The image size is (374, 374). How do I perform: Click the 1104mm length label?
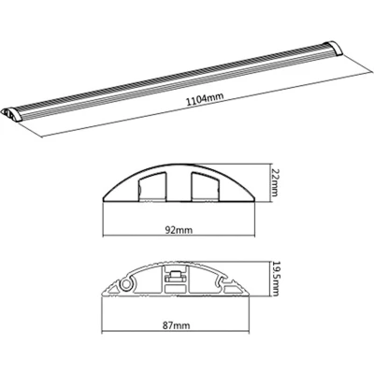[x=205, y=99]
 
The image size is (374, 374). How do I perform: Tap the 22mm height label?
[x=274, y=182]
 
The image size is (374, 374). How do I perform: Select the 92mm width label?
[x=179, y=231]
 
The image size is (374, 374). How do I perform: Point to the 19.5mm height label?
[x=275, y=279]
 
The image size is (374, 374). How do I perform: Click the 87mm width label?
[x=176, y=325]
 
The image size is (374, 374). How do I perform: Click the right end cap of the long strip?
[x=333, y=49]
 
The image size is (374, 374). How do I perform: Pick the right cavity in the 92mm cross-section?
[x=206, y=186]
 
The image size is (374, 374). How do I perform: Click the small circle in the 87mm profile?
[x=127, y=284]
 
